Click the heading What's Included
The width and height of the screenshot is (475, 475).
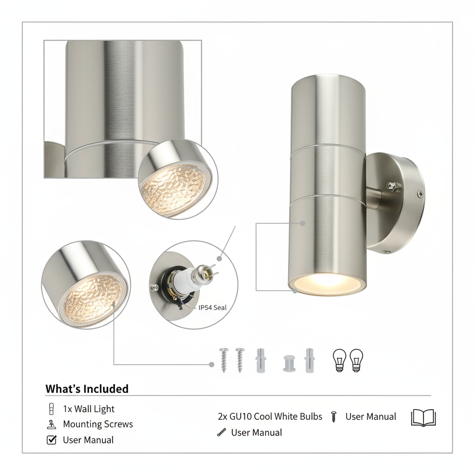87,389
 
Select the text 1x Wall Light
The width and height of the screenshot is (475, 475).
89,409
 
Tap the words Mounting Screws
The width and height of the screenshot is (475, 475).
98,424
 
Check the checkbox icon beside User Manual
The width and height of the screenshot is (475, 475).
51,440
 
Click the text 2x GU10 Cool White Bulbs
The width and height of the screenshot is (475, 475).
270,417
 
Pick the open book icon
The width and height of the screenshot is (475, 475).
423,418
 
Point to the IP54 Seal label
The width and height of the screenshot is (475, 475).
212,308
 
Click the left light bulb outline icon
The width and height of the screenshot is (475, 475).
340,360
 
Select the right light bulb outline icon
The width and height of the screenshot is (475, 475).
356,360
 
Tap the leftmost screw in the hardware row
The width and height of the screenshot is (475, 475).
224,360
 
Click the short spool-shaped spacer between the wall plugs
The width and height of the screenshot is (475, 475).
289,364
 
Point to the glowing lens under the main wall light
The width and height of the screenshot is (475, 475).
327,285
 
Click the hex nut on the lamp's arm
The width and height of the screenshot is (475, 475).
393,186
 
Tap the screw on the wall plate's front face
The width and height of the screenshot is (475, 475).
420,194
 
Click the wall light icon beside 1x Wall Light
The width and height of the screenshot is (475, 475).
51,409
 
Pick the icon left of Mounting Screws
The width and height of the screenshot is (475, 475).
51,424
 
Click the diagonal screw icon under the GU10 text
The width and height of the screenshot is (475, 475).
222,432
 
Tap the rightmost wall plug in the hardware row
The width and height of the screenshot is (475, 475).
309,360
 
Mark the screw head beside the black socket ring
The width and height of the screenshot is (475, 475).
154,287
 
